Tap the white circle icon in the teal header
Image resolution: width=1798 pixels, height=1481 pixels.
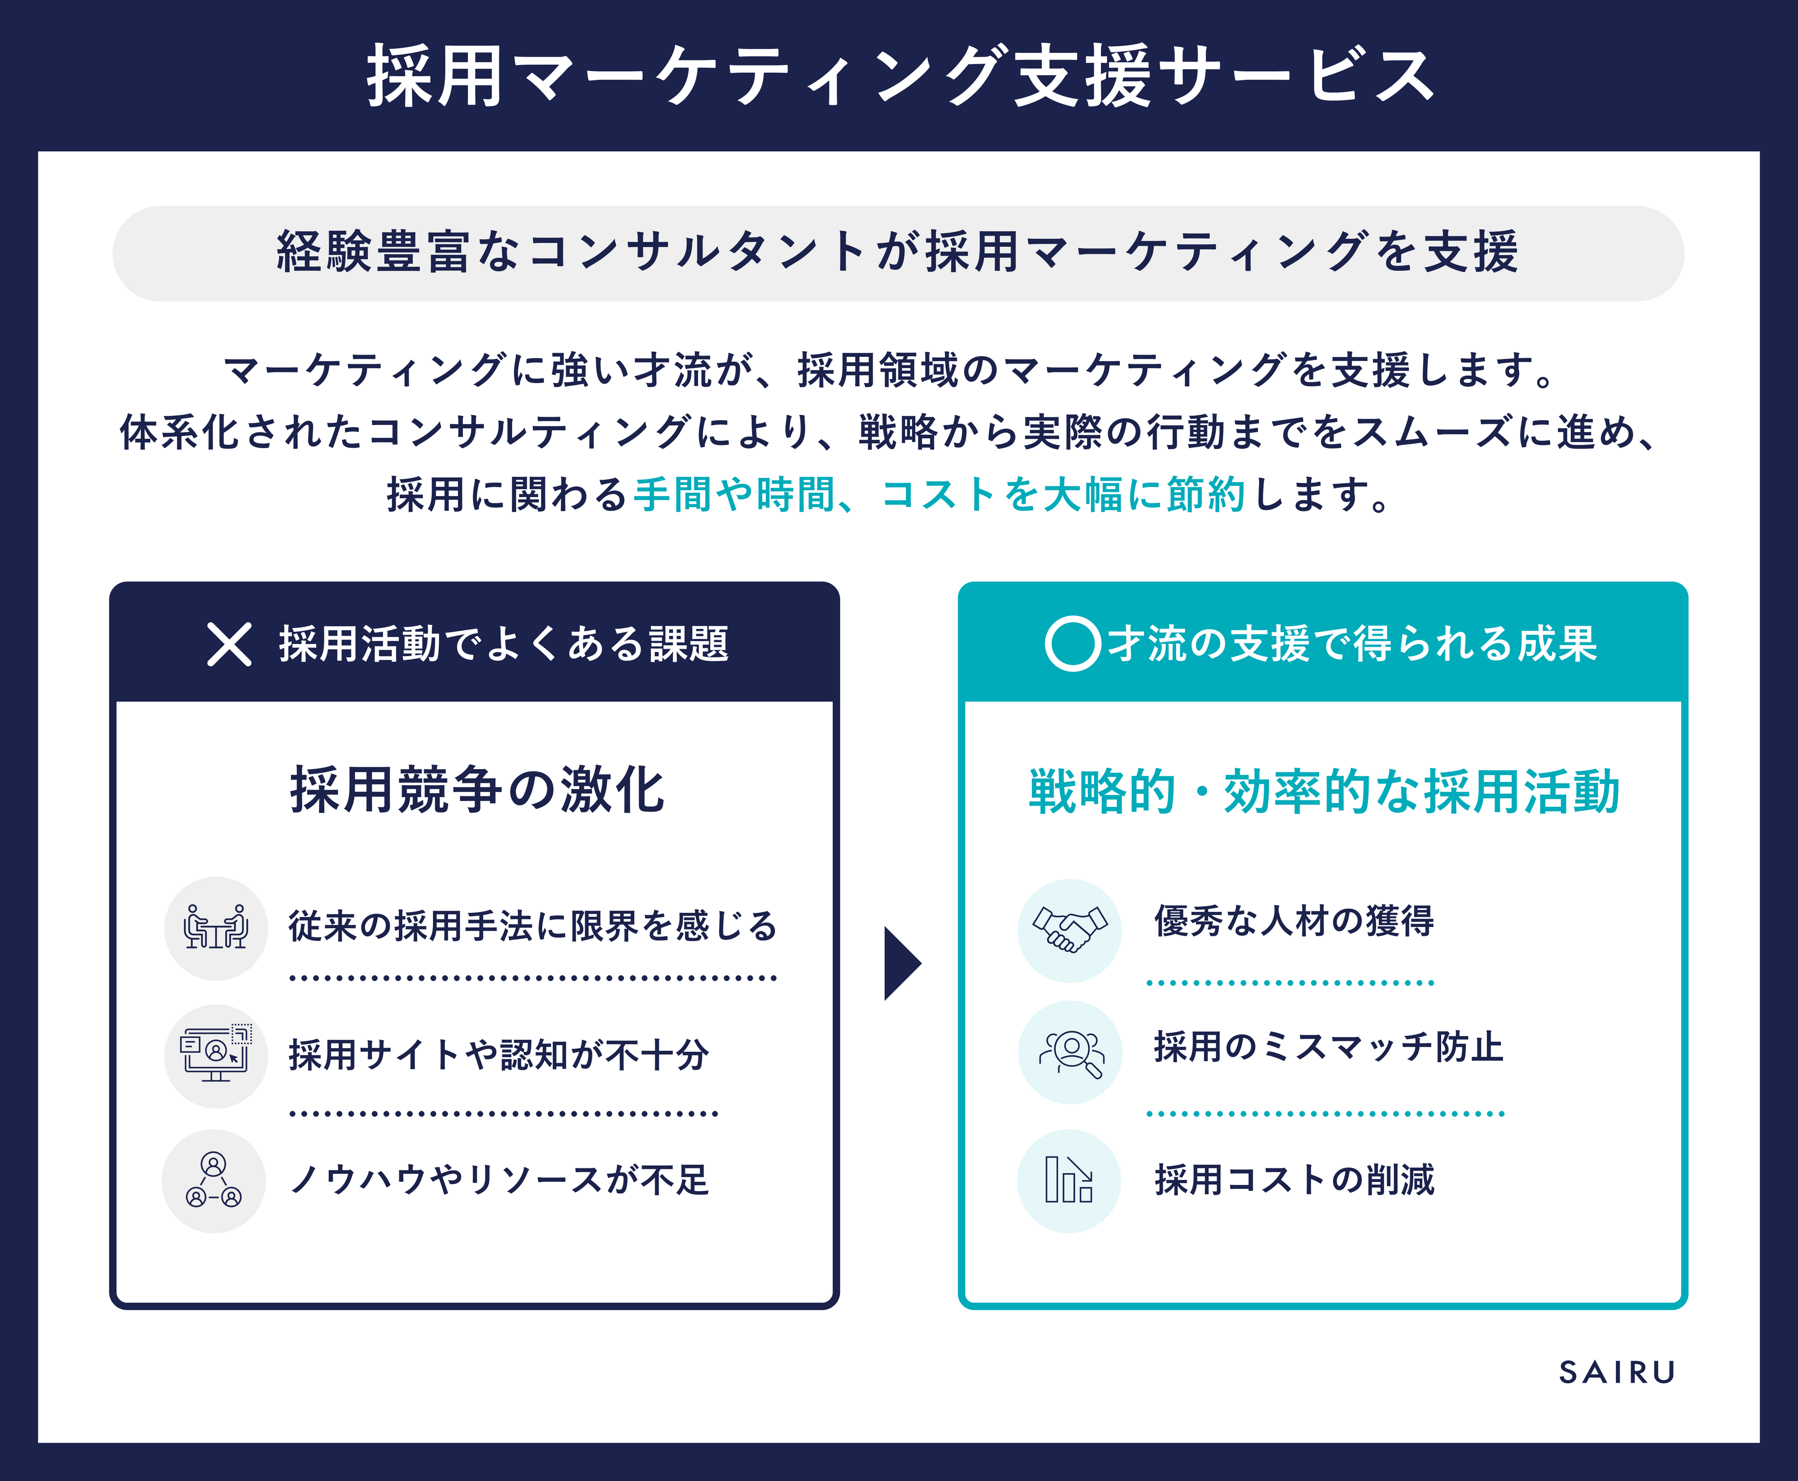pyautogui.click(x=1072, y=644)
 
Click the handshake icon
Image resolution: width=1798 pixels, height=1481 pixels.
pyautogui.click(x=1070, y=930)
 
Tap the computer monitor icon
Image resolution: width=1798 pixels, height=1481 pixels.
pyautogui.click(x=216, y=1055)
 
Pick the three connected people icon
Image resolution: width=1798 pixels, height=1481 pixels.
pyautogui.click(x=213, y=1181)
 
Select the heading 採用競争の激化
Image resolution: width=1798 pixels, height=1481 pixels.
pyautogui.click(x=478, y=790)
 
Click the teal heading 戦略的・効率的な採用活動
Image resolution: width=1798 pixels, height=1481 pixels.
pyautogui.click(x=1324, y=792)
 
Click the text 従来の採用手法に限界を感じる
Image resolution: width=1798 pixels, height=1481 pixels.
pyautogui.click(x=533, y=926)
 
